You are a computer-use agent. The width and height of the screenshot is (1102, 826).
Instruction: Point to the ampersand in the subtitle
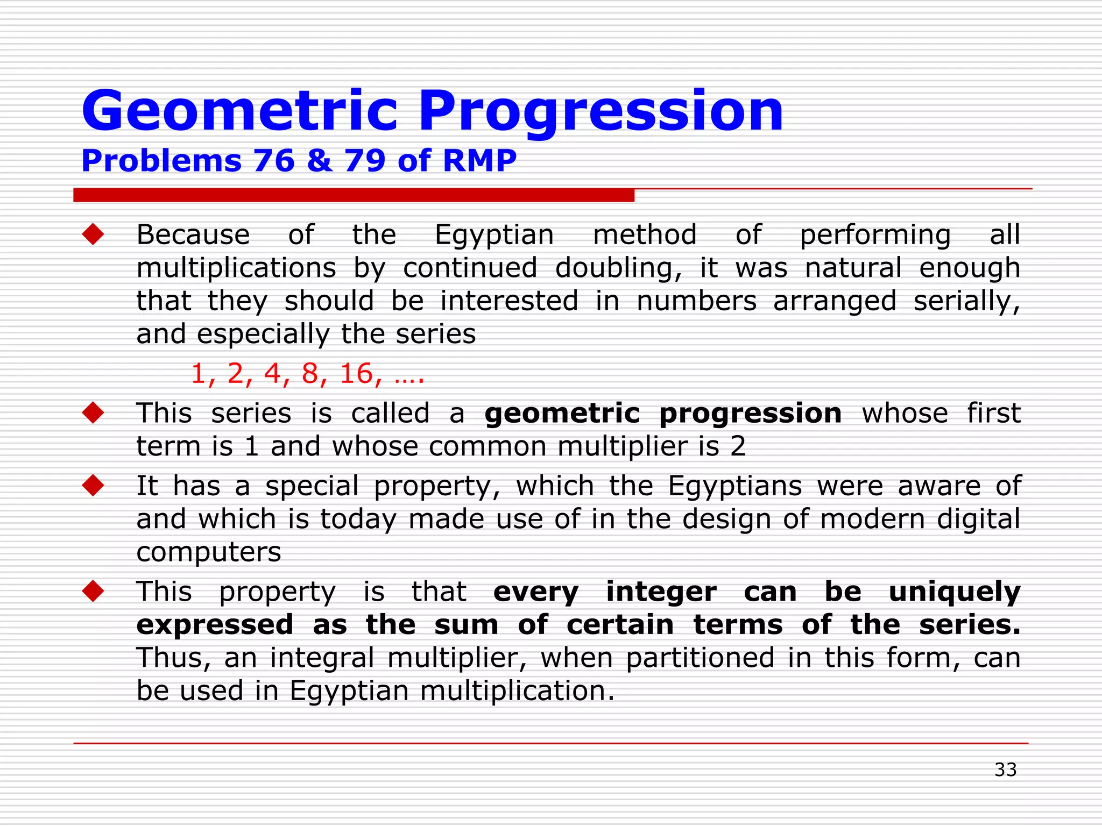(320, 160)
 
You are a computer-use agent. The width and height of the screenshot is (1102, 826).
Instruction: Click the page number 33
(1005, 770)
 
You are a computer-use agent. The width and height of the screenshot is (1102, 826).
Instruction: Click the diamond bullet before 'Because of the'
(93, 234)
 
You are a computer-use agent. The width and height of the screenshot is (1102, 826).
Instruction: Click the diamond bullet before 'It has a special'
(93, 486)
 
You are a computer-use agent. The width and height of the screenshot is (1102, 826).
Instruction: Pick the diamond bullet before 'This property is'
(93, 591)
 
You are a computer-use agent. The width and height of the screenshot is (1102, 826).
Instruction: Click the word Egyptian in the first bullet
(494, 236)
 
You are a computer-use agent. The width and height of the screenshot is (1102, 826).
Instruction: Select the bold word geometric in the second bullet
(562, 413)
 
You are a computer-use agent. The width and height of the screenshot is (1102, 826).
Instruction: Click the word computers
(208, 552)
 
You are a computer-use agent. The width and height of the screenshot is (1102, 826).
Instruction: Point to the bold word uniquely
(954, 592)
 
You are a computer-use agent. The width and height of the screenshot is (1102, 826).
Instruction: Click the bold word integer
(661, 592)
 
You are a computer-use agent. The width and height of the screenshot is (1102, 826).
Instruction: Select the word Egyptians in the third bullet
(734, 486)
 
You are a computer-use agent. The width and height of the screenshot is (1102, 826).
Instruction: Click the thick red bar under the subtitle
(354, 195)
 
